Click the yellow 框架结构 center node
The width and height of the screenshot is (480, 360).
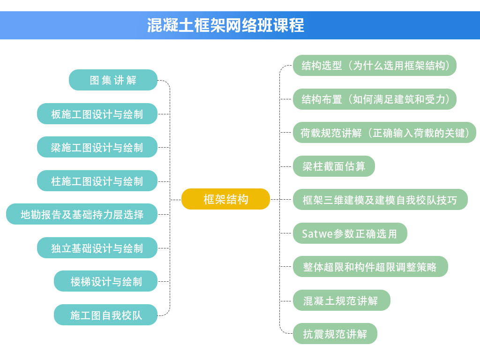click(225, 199)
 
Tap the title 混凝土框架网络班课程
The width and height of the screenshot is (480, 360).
click(225, 25)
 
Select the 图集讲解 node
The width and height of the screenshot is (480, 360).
click(113, 80)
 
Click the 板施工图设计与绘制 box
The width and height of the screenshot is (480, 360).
click(97, 114)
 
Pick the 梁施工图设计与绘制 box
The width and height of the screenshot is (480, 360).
click(97, 147)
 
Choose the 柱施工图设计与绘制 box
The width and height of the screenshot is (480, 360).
click(97, 181)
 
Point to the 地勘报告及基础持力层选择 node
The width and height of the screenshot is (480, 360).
click(82, 214)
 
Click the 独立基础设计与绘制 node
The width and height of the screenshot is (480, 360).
click(97, 248)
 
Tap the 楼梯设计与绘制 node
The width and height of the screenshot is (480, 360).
click(105, 281)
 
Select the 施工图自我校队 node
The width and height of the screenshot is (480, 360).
click(105, 315)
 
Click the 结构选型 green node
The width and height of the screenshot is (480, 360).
click(375, 66)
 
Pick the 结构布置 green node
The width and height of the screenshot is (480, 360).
click(375, 99)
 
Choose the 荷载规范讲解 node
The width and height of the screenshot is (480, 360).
click(384, 133)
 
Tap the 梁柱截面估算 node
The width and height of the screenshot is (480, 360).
click(334, 166)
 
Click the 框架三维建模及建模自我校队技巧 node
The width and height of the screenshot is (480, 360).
click(380, 200)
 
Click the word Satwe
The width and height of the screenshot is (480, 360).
click(317, 233)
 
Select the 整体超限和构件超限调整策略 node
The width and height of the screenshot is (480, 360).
click(370, 267)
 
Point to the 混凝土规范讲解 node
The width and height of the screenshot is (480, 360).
click(342, 300)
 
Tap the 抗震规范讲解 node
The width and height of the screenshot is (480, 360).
click(335, 334)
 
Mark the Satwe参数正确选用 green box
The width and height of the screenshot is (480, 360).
click(350, 233)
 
